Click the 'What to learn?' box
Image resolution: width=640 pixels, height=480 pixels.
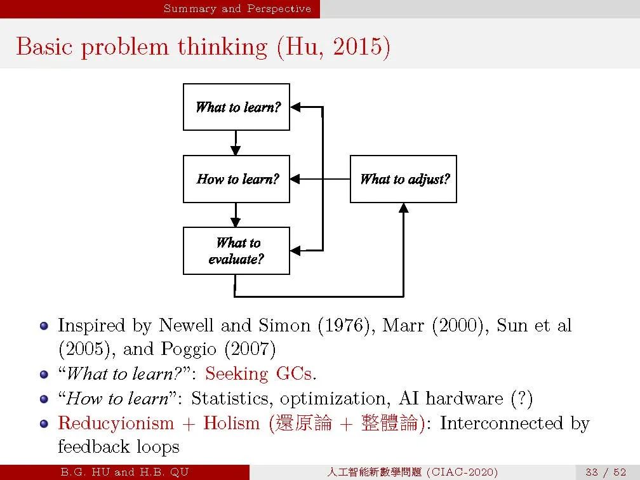[236, 107]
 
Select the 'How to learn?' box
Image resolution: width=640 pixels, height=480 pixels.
[236, 179]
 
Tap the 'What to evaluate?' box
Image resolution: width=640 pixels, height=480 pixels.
[236, 251]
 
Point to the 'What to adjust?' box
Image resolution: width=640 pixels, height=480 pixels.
[403, 179]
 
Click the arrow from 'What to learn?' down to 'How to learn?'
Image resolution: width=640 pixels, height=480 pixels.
[236, 143]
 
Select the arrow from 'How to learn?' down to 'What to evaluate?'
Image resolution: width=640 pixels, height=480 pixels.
[236, 215]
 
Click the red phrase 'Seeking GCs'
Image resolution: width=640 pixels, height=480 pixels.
[258, 374]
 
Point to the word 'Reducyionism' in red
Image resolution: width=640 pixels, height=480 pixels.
[116, 423]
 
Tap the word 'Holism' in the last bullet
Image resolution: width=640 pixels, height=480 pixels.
[231, 423]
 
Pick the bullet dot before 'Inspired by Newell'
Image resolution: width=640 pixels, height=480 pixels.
[44, 326]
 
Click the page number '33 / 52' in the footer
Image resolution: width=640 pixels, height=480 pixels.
[606, 472]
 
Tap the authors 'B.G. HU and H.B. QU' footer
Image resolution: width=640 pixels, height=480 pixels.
[124, 472]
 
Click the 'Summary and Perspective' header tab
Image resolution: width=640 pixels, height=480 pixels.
[237, 9]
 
